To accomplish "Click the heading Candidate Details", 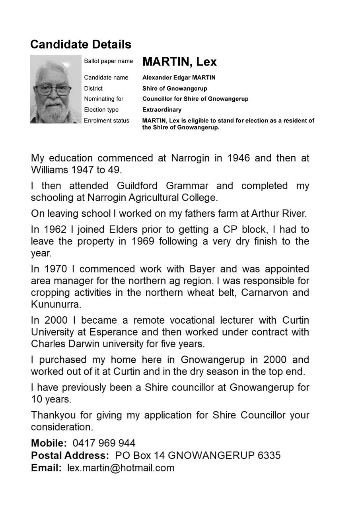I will click(81, 44).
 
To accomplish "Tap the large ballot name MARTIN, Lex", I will click(179, 62).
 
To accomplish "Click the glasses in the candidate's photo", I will click(53, 90).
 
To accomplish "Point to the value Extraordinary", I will click(162, 110).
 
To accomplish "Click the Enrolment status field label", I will click(107, 120).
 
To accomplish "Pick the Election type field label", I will click(101, 110).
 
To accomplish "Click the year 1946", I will click(239, 158).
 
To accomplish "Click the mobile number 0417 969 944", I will click(104, 443).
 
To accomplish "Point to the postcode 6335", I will click(269, 455).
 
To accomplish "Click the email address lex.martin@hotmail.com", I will click(121, 468).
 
